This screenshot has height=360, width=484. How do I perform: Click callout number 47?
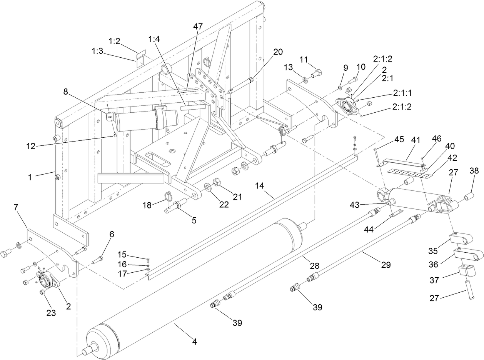pos(198,27)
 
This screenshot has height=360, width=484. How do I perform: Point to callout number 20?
pos(278,52)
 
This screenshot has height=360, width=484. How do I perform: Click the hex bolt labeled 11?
pos(316,73)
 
